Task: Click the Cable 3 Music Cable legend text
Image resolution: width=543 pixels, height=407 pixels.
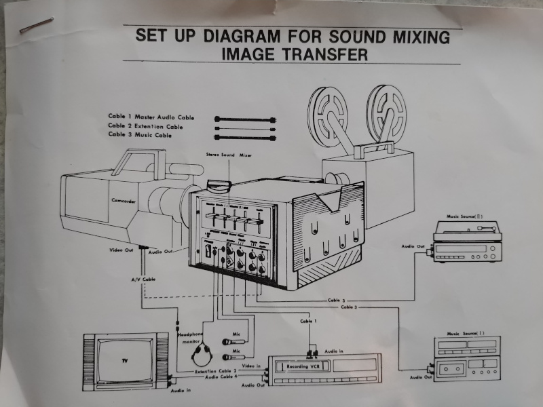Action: pyautogui.click(x=140, y=136)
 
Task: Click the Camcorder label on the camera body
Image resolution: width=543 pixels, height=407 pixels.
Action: pyautogui.click(x=125, y=201)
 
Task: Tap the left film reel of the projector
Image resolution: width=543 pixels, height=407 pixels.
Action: pyautogui.click(x=329, y=111)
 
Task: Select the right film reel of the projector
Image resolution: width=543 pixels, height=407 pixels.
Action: pyautogui.click(x=386, y=108)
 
